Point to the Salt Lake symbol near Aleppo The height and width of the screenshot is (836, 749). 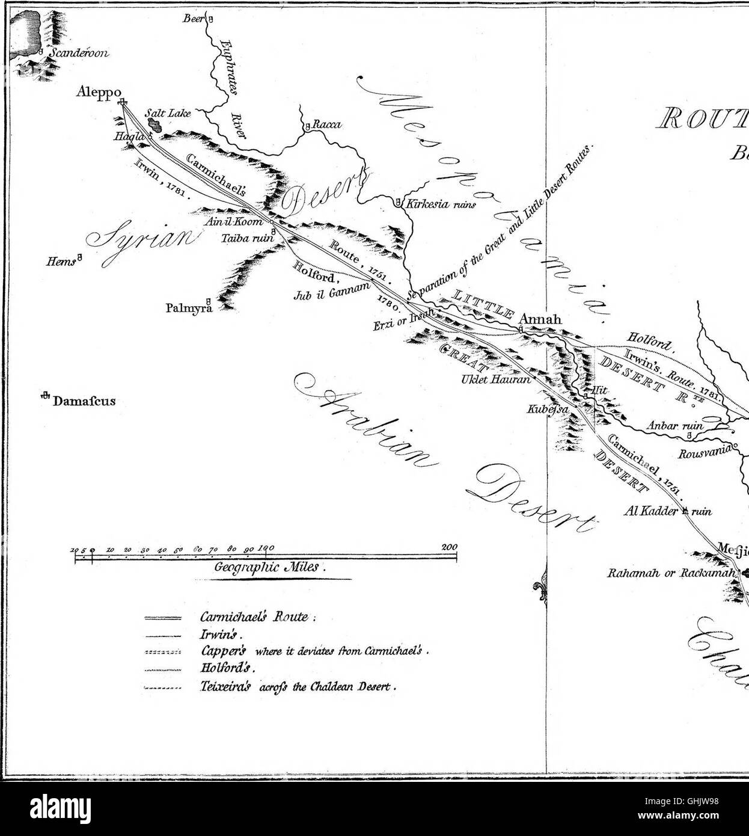156,126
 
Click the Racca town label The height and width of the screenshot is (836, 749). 327,125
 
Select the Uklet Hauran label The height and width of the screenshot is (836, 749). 496,380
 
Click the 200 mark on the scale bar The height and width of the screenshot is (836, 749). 449,547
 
